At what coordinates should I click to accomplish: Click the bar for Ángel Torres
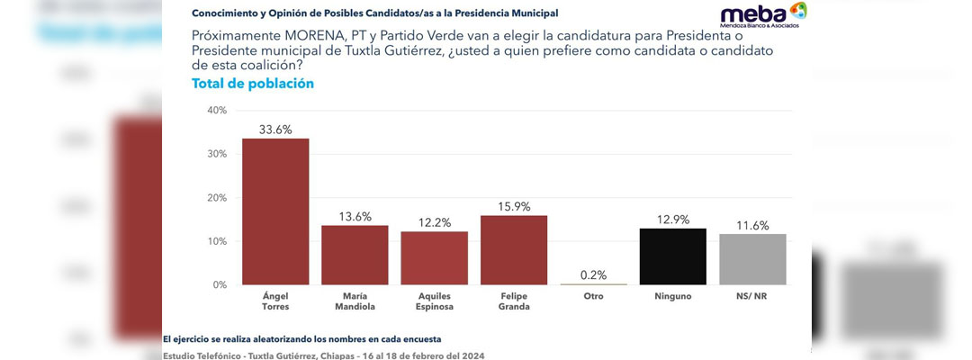click(275, 211)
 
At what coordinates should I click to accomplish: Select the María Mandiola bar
click(355, 256)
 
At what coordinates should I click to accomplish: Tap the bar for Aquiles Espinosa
click(434, 257)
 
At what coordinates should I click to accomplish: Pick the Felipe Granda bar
click(514, 249)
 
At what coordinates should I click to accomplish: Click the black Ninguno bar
click(672, 256)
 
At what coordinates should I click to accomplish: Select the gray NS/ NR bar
click(752, 259)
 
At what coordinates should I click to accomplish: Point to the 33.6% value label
click(275, 130)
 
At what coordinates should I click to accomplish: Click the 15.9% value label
click(514, 207)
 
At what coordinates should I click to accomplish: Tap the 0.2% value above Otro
click(593, 275)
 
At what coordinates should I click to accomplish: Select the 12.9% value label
click(672, 220)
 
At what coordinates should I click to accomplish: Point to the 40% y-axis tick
click(217, 111)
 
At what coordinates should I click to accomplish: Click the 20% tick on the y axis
click(217, 198)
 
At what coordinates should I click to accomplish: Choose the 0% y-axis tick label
click(220, 285)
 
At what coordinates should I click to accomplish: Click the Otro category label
click(593, 296)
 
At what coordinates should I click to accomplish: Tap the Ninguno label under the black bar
click(672, 296)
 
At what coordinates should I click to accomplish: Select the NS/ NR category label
click(752, 296)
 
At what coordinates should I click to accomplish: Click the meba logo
click(763, 15)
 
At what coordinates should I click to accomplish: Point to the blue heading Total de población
click(253, 84)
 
